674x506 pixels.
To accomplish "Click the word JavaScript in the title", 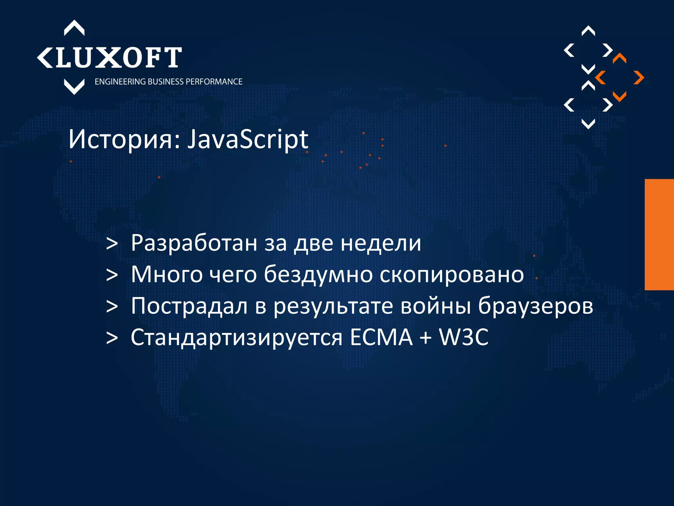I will click(x=247, y=140).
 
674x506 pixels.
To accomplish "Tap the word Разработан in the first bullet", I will click(x=194, y=243).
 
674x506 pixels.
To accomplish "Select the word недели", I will click(x=381, y=243).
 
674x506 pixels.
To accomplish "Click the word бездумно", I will click(x=318, y=274).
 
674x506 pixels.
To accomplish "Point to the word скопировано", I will click(x=452, y=274).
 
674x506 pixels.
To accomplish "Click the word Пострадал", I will click(x=189, y=306).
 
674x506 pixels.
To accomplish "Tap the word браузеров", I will click(x=535, y=306).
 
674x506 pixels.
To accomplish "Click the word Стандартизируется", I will click(x=236, y=337).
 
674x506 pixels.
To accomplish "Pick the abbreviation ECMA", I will click(x=381, y=337).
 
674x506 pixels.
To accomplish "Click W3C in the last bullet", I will click(x=464, y=337).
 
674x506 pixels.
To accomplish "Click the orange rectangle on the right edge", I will click(x=659, y=234).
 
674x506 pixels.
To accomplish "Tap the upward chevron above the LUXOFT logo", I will click(x=74, y=28).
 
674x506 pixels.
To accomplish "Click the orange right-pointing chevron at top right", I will click(x=639, y=78).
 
